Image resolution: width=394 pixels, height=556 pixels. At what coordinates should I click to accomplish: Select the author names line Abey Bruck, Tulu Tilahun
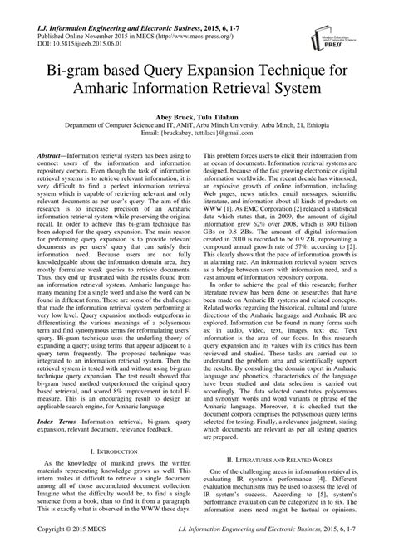coord(196,119)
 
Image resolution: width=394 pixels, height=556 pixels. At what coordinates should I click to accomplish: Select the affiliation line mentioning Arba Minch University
coord(196,129)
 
